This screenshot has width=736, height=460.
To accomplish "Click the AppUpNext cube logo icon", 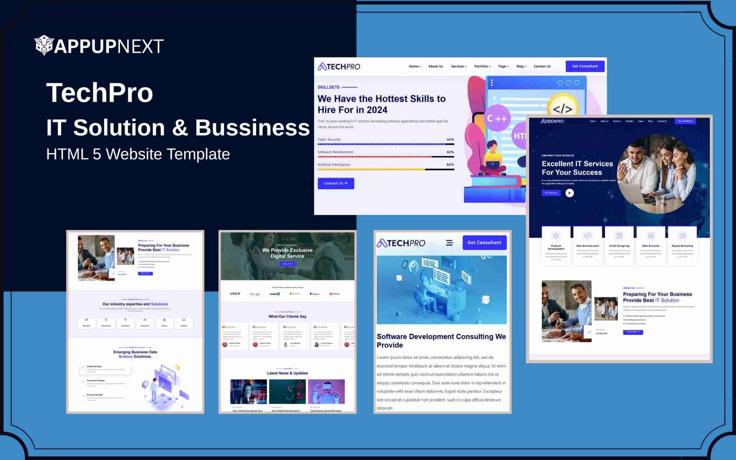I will coord(44,45).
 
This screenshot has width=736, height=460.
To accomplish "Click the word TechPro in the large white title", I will coord(99,93).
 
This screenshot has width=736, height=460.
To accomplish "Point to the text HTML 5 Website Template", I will coord(138,154).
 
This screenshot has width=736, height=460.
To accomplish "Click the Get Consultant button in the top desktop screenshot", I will coord(585,66).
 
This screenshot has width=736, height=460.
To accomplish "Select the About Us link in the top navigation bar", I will coord(435,66).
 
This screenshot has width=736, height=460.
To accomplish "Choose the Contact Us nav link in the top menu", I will coord(542,66).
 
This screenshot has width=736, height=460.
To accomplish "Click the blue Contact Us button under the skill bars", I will coord(336,183).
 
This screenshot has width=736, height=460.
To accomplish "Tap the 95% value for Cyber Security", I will coord(450,139).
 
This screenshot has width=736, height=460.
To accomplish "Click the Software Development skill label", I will coord(335,152).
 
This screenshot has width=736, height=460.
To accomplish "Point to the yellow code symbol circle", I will coord(562,109).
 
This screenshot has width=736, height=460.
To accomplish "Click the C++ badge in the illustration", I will coord(497,119).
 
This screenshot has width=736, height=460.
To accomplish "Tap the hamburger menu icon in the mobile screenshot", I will coord(449,243).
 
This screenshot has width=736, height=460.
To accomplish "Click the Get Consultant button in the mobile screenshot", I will coord(484,242).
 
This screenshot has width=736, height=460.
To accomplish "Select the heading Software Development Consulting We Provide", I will coord(441,341).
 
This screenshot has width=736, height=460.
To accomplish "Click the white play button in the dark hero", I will coord(569,193).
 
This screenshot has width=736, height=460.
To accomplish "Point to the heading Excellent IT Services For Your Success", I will coord(577,168).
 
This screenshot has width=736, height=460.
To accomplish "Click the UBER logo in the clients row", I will coord(235,293).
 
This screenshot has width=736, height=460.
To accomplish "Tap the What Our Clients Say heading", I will coord(287,316).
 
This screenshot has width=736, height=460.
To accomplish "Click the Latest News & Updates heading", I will coord(287,373).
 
